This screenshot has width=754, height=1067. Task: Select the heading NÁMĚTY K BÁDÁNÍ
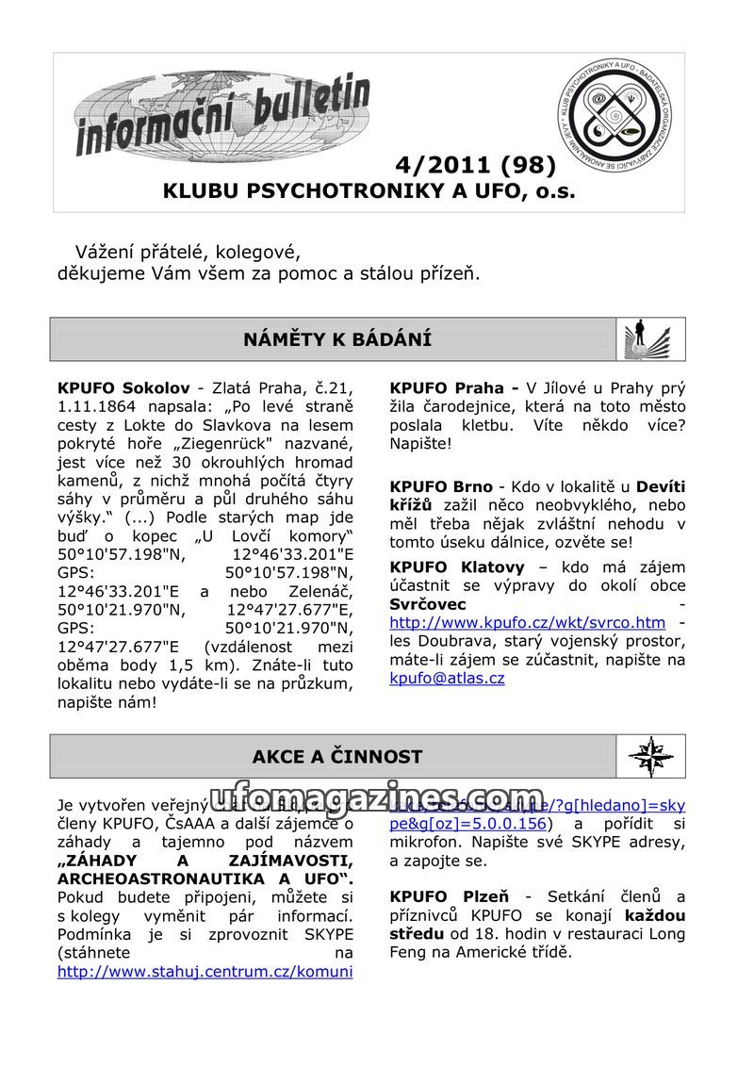(337, 339)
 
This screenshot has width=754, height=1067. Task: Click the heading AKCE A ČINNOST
(337, 756)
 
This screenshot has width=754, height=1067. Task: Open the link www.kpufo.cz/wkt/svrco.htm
(527, 623)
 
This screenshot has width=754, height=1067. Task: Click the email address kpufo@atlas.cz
(447, 678)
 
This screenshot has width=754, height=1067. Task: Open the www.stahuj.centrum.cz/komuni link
(205, 971)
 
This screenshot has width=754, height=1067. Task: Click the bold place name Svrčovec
(427, 604)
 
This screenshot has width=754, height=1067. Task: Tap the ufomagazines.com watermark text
(377, 798)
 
